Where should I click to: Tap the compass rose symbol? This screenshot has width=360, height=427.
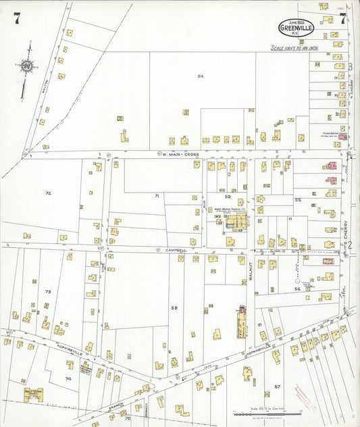pos(26,66)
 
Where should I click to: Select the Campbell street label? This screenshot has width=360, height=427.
pos(177,249)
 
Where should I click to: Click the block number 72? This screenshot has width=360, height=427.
pos(48,193)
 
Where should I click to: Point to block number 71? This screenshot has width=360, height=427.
pos(156,196)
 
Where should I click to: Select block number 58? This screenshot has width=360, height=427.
pos(174,307)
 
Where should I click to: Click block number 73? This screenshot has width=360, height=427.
pos(47,291)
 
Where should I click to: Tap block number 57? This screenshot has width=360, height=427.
pos(277,386)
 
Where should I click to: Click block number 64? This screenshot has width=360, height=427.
pos(200,76)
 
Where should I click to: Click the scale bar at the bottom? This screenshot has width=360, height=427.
pos(264,413)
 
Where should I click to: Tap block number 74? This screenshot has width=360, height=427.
pos(68,379)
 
